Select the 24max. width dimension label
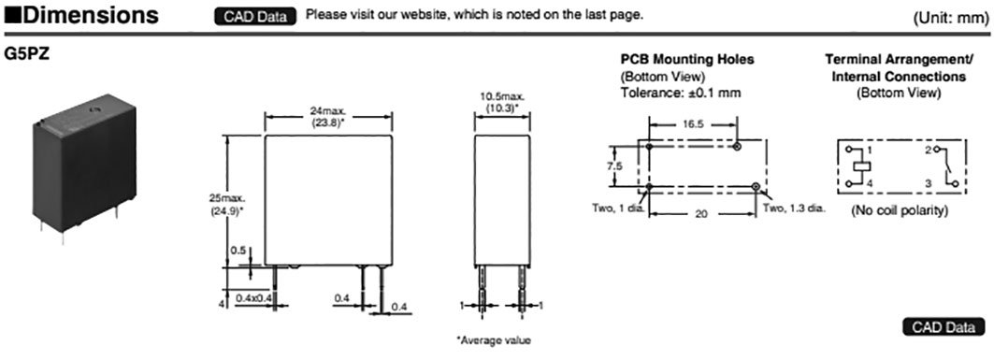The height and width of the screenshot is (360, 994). pyautogui.click(x=326, y=110)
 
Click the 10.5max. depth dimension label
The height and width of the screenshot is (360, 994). pyautogui.click(x=502, y=96)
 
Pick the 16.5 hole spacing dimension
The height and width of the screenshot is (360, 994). pyautogui.click(x=691, y=122)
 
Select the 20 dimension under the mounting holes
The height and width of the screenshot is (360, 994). pyautogui.click(x=701, y=214)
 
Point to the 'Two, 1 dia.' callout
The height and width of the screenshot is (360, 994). pyautogui.click(x=619, y=208)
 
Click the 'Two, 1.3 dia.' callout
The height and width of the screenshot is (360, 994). pyautogui.click(x=795, y=208)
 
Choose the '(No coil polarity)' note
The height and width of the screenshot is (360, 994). pyautogui.click(x=900, y=210)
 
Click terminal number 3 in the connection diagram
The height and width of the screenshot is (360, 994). pyautogui.click(x=929, y=184)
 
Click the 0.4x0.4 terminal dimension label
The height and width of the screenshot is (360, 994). pyautogui.click(x=255, y=297)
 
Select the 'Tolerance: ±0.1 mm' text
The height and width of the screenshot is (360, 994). pyautogui.click(x=681, y=93)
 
